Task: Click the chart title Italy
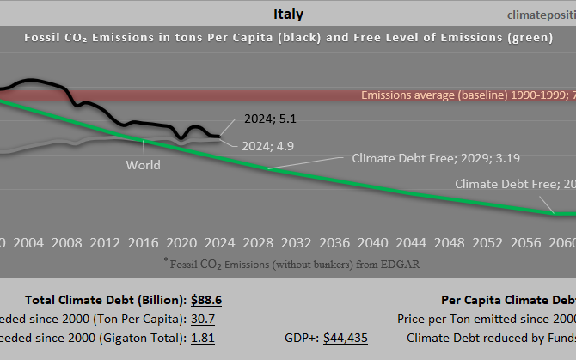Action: (x=288, y=14)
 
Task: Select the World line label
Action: (x=143, y=165)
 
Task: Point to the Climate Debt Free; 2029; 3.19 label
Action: (x=436, y=158)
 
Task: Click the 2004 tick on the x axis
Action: (x=28, y=242)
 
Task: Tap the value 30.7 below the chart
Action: (x=203, y=319)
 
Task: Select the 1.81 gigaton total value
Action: (x=202, y=338)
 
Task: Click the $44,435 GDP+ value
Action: (x=345, y=338)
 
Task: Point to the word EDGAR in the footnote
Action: (x=401, y=264)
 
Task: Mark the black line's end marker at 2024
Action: (x=219, y=136)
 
